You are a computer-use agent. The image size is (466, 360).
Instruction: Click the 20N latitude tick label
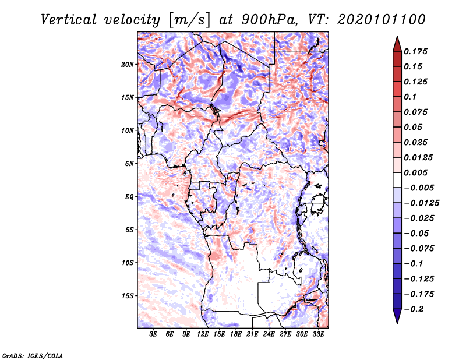click(128, 64)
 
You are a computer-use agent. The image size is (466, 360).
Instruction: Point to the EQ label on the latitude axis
click(129, 197)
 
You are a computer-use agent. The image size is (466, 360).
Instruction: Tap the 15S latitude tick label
click(128, 296)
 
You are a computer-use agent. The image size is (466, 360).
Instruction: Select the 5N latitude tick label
click(129, 164)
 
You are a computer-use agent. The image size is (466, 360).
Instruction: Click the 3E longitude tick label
click(154, 334)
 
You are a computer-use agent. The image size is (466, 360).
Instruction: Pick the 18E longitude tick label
click(236, 334)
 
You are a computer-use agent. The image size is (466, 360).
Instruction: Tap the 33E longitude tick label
click(318, 334)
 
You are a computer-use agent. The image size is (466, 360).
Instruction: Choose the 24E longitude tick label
click(269, 334)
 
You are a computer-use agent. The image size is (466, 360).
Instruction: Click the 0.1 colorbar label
click(411, 97)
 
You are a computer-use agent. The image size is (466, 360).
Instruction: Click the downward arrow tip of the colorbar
click(397, 322)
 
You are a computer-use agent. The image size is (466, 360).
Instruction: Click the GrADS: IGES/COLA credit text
click(33, 355)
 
